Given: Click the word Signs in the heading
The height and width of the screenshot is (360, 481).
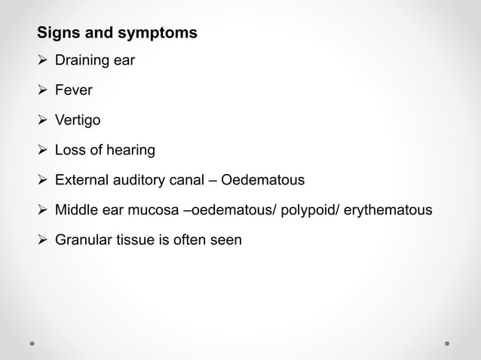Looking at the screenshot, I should point(57,34).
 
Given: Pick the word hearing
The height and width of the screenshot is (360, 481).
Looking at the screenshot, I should point(130,151).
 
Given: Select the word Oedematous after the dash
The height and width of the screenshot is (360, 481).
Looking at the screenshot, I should point(262,181).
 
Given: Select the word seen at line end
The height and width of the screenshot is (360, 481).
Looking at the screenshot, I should point(226,240).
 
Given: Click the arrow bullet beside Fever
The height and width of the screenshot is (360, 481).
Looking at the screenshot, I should point(43,91).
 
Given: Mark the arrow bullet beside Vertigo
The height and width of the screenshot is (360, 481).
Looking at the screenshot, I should point(43,121).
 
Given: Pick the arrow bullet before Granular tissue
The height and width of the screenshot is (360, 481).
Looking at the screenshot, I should point(43,240).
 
